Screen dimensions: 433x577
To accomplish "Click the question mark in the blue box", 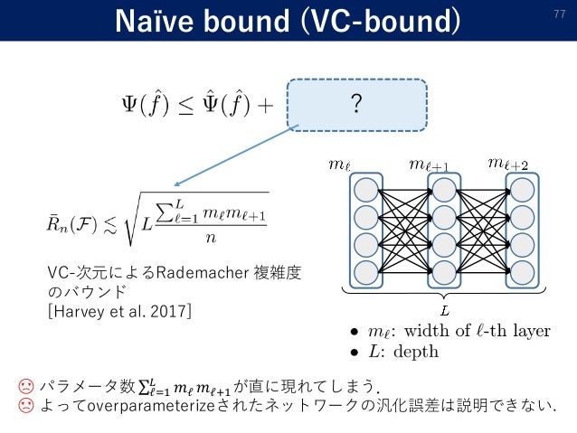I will (x=356, y=105).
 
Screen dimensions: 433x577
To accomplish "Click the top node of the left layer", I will (x=366, y=191).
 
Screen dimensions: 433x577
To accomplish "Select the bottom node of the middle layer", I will (x=444, y=271).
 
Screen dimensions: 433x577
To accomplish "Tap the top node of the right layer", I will (x=522, y=191).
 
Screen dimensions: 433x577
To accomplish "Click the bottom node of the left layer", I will (x=366, y=271).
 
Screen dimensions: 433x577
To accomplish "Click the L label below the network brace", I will (x=443, y=309).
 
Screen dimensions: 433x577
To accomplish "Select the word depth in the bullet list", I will (x=417, y=351).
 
